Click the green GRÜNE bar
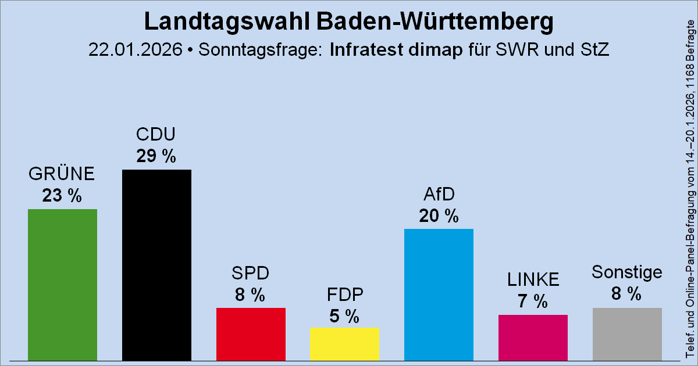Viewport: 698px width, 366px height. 62,285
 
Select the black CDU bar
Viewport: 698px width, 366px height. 156,265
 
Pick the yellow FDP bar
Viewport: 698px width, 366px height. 344,344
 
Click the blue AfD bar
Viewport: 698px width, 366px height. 439,295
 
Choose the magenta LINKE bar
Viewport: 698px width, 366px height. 533,338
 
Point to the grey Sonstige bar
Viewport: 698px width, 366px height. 627,334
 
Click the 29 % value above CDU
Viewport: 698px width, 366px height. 156,156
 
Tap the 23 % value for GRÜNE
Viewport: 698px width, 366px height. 62,196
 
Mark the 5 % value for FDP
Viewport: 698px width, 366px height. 344,316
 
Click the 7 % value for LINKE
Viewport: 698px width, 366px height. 533,302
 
